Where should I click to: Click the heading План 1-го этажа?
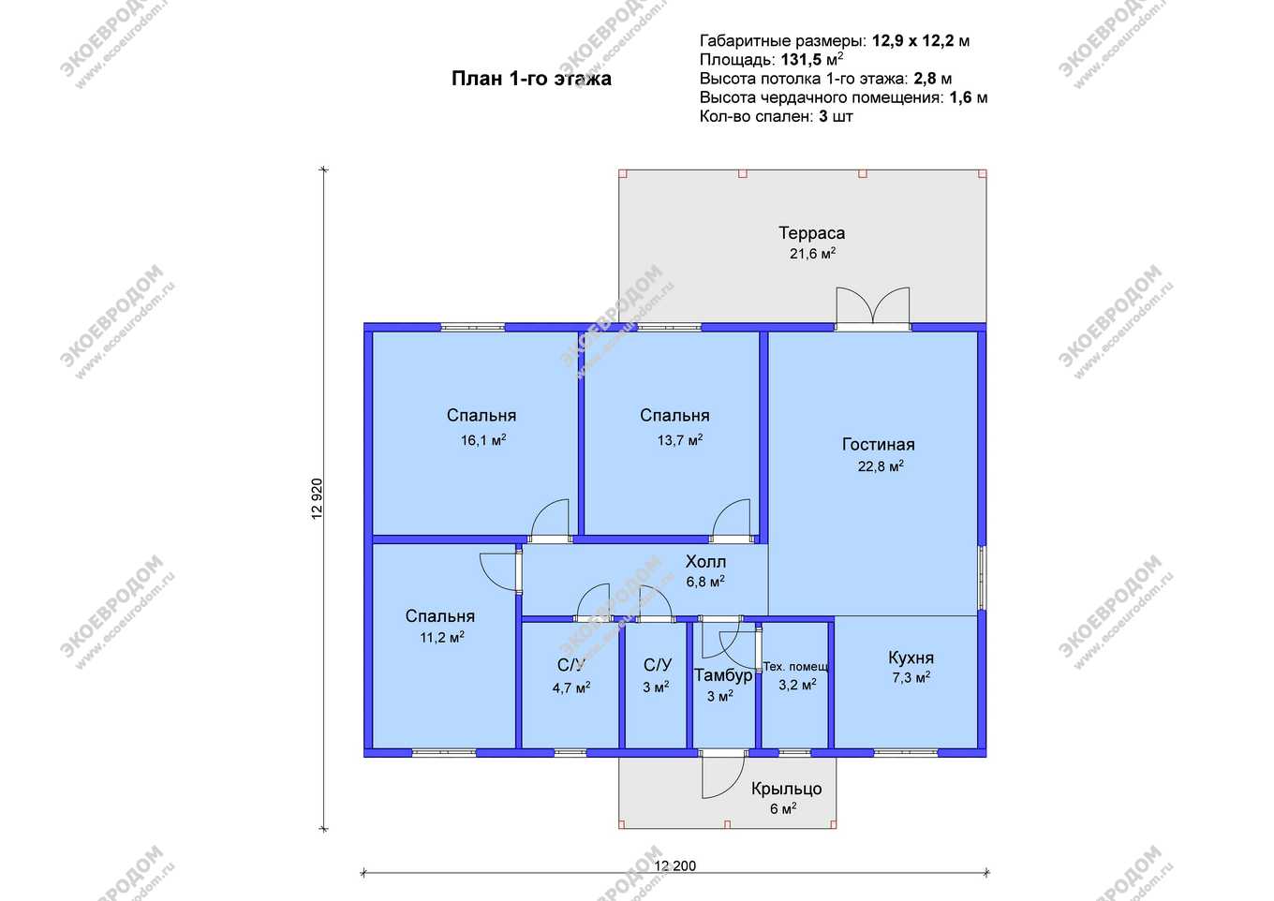coord(531,79)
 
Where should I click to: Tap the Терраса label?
coord(811,232)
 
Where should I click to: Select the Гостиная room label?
coord(878,444)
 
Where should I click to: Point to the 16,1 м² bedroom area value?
coord(482,440)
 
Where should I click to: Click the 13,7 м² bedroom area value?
coord(680,440)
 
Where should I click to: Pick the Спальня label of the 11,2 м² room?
coord(439,616)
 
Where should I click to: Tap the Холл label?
coord(705,561)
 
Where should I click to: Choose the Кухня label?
coord(911,657)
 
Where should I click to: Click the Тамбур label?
coord(723,675)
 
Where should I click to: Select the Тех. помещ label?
coord(795,666)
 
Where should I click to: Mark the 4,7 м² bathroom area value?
coord(571,688)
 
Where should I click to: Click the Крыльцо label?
coord(786,789)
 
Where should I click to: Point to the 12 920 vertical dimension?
coord(318,498)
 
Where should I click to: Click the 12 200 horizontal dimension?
coord(675,865)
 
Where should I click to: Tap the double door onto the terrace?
coord(872,306)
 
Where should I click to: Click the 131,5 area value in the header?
coord(801,60)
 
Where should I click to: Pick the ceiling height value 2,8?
coord(925,79)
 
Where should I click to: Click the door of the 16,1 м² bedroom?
coord(550,521)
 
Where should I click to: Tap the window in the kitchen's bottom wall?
coord(906,752)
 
